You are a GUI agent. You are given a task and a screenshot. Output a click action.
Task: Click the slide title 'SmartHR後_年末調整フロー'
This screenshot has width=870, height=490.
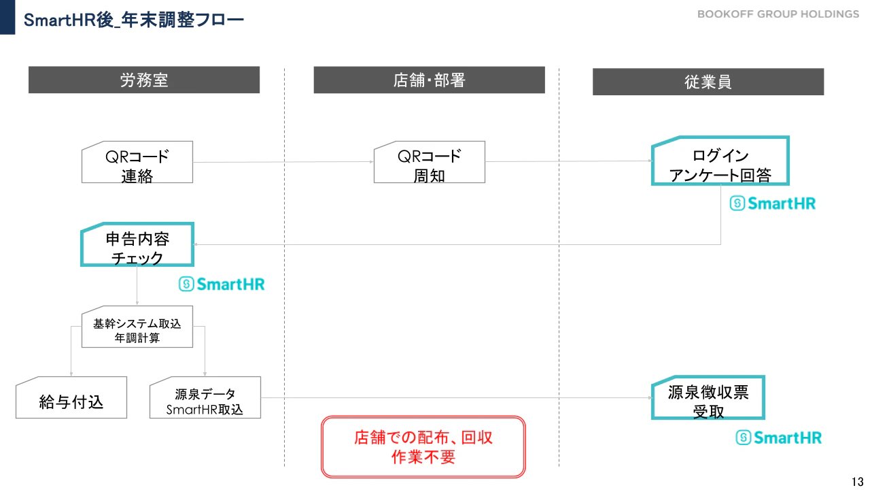(134, 20)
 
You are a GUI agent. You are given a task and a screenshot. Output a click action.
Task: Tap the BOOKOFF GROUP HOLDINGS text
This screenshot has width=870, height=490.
(778, 14)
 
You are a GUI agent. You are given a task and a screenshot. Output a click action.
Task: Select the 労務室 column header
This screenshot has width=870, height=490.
(144, 80)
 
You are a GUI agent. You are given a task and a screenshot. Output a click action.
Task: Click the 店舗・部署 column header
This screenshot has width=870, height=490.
(429, 80)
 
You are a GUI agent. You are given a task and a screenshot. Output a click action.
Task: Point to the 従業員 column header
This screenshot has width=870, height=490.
(708, 82)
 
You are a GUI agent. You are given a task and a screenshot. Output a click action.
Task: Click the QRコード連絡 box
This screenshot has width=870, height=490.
(137, 162)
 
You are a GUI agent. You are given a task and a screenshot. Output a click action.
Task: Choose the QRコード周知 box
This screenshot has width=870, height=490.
(429, 162)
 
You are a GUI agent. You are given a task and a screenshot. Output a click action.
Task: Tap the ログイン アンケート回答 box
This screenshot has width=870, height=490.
(720, 161)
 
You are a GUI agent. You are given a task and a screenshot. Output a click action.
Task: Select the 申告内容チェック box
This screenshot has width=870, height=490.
(137, 244)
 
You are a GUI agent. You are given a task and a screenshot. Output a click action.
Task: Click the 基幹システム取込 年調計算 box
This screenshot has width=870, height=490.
(137, 327)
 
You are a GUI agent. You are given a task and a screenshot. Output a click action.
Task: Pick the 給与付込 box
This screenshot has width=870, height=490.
(71, 397)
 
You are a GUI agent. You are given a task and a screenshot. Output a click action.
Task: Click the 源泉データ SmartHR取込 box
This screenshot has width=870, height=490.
(205, 397)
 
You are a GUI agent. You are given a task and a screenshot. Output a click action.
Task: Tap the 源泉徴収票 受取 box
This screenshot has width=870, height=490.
(708, 397)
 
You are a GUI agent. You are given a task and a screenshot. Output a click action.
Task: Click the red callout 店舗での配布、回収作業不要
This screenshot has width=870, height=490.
(423, 447)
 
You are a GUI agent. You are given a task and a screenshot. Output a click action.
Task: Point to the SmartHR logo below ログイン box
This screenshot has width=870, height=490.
(773, 203)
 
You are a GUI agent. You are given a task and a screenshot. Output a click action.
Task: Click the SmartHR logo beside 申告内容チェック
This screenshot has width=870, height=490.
(222, 284)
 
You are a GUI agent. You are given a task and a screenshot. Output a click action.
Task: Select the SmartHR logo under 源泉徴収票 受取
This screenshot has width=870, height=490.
(779, 438)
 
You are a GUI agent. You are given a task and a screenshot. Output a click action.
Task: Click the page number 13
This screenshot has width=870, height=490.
(857, 481)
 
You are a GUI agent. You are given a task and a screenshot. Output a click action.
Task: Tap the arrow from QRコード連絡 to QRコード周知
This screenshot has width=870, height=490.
(283, 162)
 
